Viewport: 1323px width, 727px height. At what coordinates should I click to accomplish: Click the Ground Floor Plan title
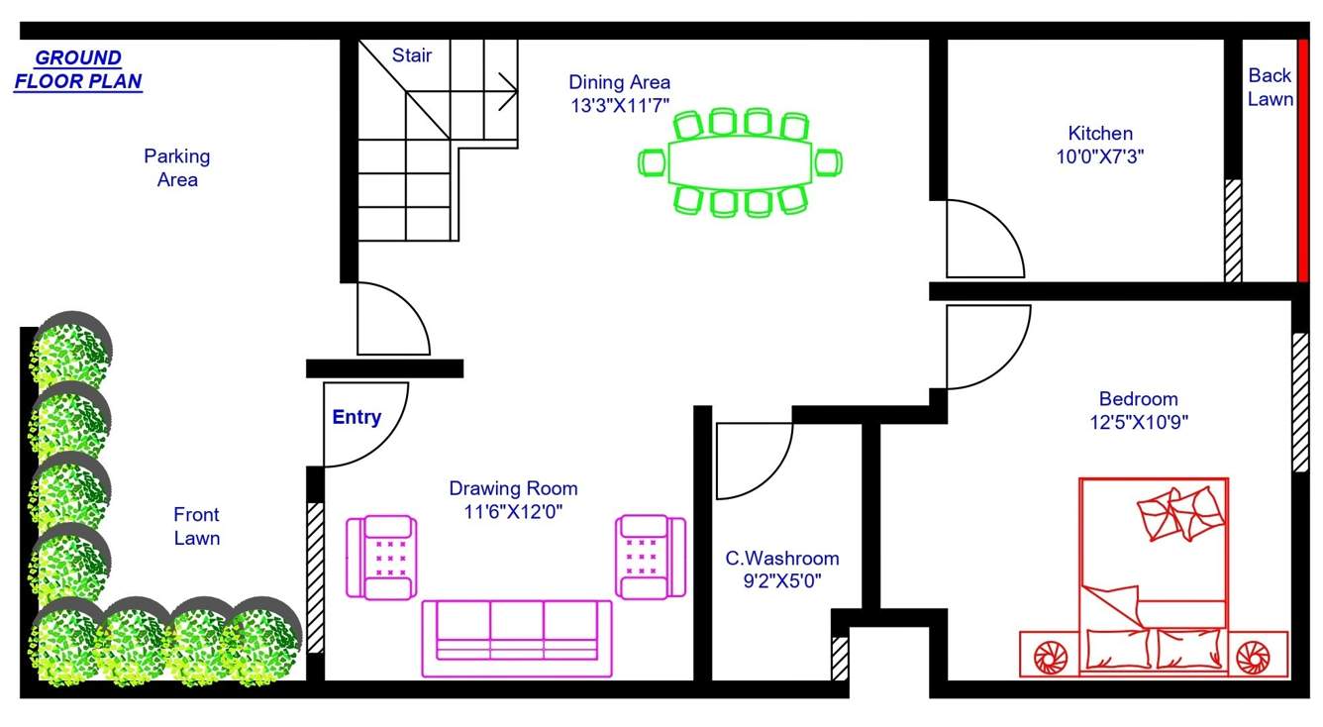(x=78, y=69)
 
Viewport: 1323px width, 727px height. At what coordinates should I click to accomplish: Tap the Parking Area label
(x=176, y=167)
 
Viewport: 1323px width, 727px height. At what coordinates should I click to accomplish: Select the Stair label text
(x=411, y=55)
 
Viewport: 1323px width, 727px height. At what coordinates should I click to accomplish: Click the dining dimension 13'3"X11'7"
(x=620, y=106)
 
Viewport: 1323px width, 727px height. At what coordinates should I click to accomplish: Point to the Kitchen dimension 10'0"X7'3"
(x=1100, y=156)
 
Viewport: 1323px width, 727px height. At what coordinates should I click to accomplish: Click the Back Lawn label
(x=1269, y=87)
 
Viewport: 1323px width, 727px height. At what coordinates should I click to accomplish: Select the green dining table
(x=741, y=162)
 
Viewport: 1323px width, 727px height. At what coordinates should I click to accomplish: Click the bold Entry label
(x=356, y=417)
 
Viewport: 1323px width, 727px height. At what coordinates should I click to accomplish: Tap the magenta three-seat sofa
(x=517, y=638)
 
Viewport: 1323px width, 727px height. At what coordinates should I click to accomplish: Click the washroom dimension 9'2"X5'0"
(x=782, y=581)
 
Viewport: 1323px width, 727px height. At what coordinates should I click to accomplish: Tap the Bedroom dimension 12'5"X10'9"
(x=1138, y=422)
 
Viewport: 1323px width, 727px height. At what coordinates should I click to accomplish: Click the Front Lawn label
(x=196, y=526)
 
